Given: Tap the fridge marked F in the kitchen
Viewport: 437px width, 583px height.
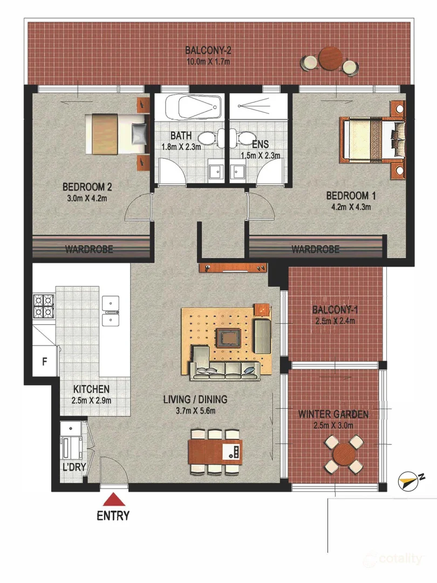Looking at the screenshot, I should click(44, 361).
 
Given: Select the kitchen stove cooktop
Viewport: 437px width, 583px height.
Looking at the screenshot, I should click(43, 306).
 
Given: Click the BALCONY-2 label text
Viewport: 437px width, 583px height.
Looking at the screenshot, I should click(208, 51).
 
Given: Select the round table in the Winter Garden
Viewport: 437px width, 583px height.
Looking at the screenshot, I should click(342, 455).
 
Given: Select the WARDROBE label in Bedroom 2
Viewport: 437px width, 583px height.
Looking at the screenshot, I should click(89, 249).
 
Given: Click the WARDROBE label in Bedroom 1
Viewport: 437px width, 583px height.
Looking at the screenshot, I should click(315, 249).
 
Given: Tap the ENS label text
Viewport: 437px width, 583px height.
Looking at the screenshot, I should click(260, 145).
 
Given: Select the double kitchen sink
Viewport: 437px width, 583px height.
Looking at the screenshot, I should click(111, 311).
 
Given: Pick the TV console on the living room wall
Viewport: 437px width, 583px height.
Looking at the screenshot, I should click(233, 267).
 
